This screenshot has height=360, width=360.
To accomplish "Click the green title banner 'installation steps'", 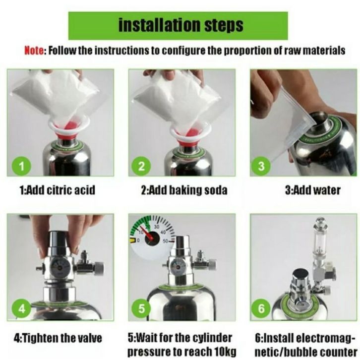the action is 178,26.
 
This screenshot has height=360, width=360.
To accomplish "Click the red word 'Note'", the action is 34,51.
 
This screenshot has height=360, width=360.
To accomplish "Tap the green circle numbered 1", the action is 21,166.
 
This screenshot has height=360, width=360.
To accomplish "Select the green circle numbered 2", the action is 141,166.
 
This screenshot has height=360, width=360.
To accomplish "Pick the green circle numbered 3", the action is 261,166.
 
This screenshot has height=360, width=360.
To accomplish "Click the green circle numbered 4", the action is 21,308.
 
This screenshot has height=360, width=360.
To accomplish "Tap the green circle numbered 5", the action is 141,308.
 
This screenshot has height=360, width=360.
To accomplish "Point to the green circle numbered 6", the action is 261,308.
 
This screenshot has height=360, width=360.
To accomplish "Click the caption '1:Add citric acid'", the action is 58,190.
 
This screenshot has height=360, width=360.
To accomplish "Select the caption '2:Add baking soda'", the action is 184,190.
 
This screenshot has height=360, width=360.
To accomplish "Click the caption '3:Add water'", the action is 313,190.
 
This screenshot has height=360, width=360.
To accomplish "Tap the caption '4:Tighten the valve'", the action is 58,338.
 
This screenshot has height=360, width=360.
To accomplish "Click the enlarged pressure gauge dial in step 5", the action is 152,238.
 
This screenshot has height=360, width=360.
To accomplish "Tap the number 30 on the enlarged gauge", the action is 156,227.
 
